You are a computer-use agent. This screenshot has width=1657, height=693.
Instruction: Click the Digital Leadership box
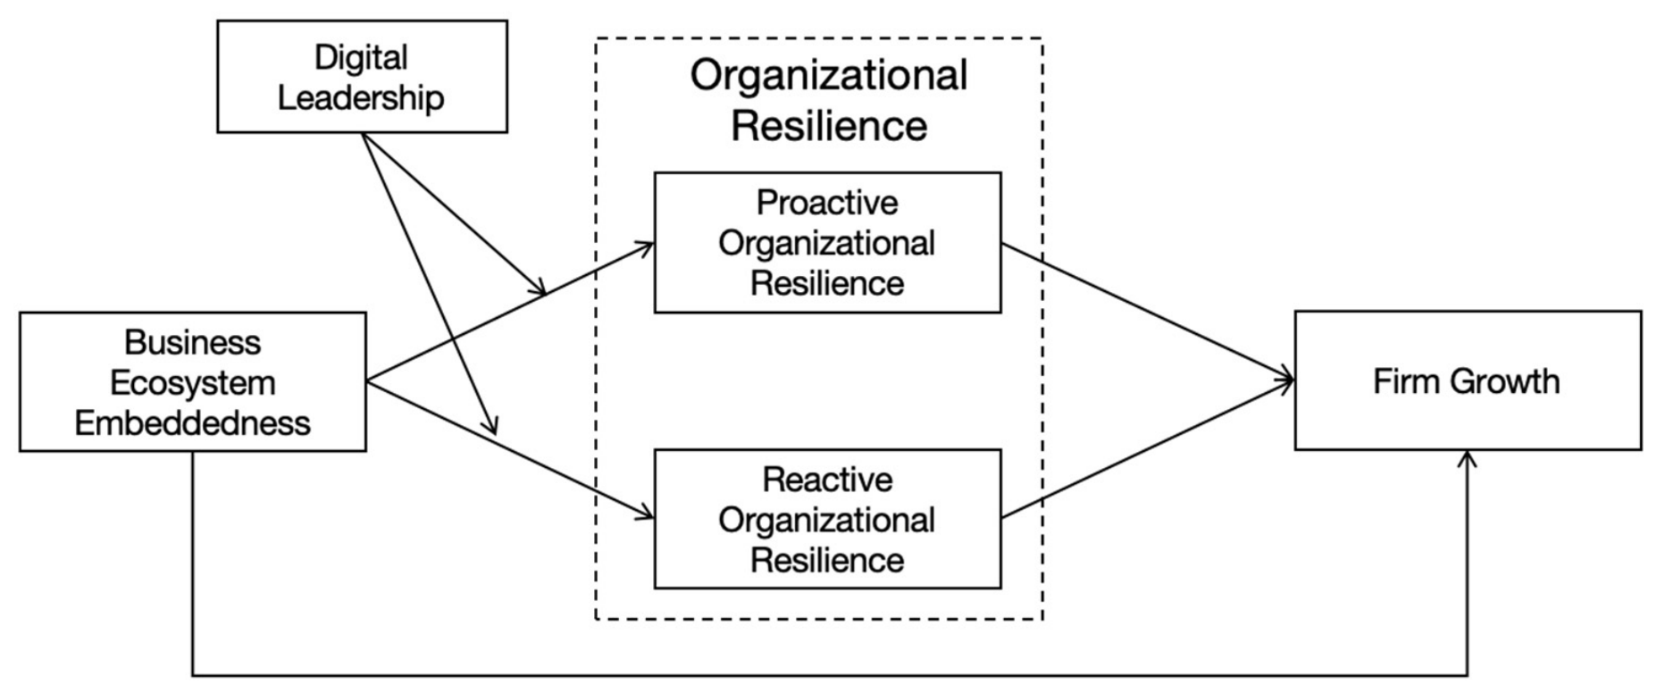(362, 77)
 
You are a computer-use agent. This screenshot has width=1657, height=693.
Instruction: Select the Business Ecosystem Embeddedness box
(193, 381)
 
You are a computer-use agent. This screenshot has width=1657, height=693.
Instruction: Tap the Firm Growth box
(1468, 380)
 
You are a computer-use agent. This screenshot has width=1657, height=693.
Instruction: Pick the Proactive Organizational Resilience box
(827, 242)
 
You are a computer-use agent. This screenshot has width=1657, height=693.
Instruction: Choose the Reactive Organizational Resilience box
(827, 519)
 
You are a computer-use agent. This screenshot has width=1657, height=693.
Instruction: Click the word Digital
(361, 58)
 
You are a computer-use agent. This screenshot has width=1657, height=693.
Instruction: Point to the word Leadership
(361, 97)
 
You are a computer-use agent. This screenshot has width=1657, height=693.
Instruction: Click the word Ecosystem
(193, 383)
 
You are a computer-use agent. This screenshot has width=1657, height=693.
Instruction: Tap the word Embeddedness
(193, 422)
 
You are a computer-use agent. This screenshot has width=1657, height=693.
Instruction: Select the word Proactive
(827, 203)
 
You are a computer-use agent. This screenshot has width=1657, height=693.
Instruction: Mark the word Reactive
(827, 480)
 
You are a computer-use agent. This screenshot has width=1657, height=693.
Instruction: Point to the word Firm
(1407, 381)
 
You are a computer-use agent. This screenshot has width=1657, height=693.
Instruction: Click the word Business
(193, 342)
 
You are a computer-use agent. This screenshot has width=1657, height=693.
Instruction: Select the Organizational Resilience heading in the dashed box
(829, 99)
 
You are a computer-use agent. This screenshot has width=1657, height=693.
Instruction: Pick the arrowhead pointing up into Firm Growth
(1467, 457)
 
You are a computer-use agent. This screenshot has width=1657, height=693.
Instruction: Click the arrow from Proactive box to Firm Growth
(1148, 312)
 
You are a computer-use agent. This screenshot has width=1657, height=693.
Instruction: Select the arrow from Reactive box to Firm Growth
(1148, 449)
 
